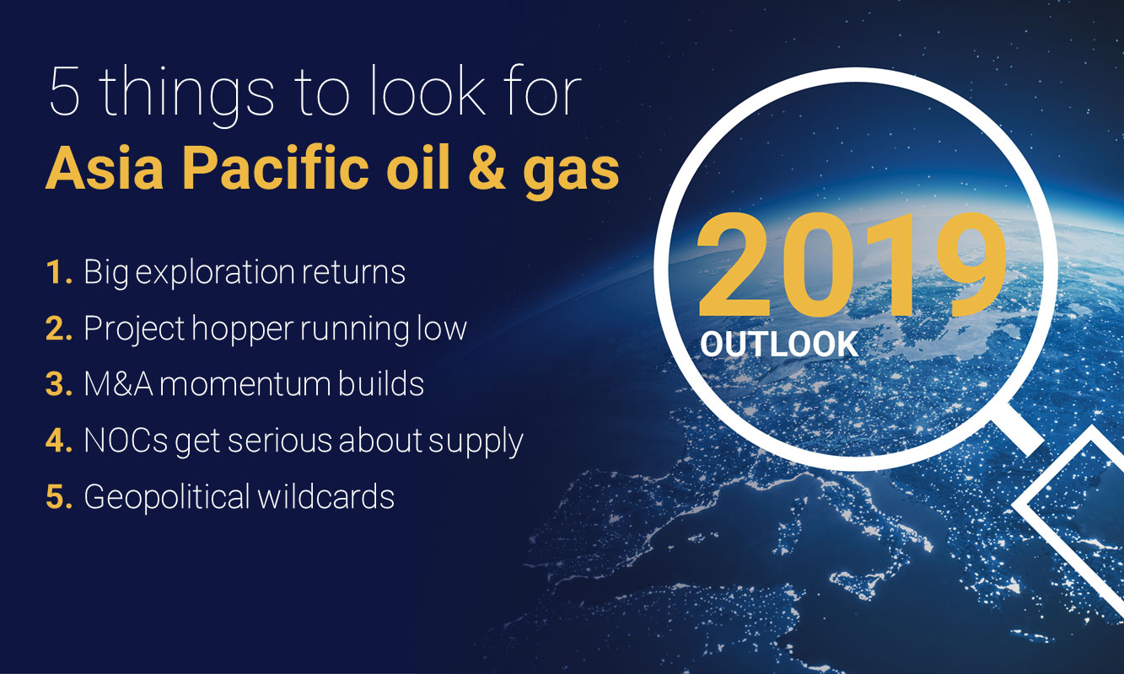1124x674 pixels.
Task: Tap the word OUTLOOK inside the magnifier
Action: pos(778,344)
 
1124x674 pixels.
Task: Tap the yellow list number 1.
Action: pos(57,272)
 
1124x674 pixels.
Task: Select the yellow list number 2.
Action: pos(58,329)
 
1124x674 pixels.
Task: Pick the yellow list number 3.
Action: pos(58,384)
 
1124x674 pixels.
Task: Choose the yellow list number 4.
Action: pos(58,441)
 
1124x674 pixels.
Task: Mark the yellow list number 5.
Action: pos(58,496)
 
